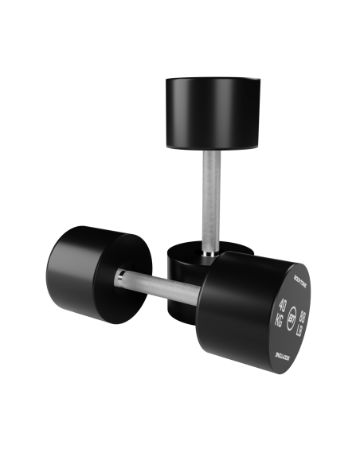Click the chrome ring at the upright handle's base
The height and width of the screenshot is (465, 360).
pos(208,252)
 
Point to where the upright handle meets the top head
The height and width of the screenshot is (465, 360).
pos(211,152)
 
